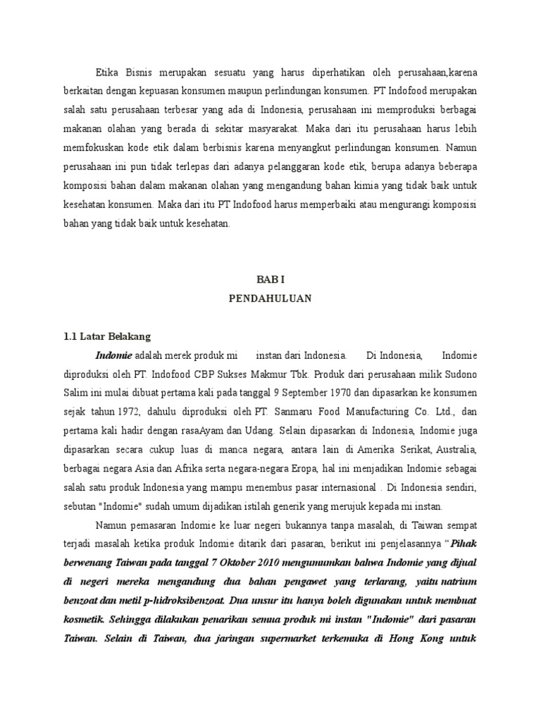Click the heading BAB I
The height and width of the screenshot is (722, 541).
[270, 279]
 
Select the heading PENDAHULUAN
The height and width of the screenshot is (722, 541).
[270, 298]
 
